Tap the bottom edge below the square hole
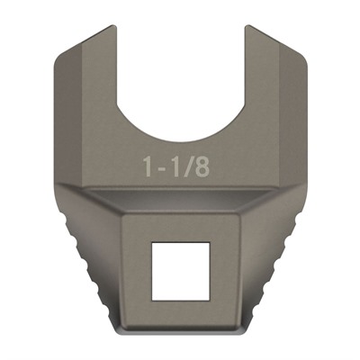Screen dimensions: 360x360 (x=180, y=330)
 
